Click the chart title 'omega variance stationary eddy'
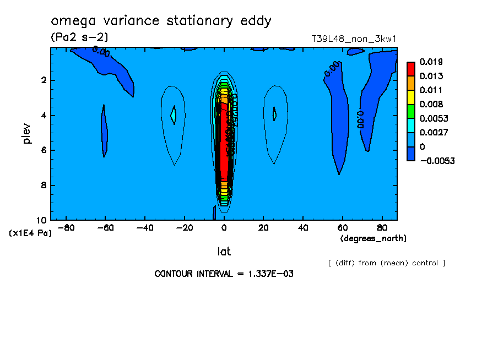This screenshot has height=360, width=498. [161, 21]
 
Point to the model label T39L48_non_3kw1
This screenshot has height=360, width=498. [354, 39]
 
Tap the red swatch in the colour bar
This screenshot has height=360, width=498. [411, 68]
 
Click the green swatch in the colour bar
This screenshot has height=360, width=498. [411, 111]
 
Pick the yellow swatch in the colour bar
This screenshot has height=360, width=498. [411, 97]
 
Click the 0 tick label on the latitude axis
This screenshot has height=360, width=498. [224, 227]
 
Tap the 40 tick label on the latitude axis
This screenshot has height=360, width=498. [302, 227]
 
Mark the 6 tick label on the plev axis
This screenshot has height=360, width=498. [44, 150]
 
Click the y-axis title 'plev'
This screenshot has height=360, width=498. [26, 133]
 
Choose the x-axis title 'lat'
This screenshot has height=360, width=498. [224, 252]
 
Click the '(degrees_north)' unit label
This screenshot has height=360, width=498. [373, 238]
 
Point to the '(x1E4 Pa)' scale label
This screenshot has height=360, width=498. [30, 233]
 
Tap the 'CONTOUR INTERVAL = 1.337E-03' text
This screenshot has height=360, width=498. [224, 274]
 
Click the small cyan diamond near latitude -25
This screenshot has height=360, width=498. [173, 115]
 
